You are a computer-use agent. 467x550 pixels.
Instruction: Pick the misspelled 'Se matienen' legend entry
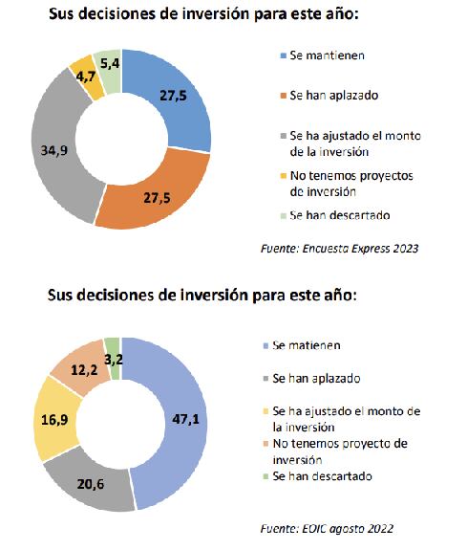point(306,344)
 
